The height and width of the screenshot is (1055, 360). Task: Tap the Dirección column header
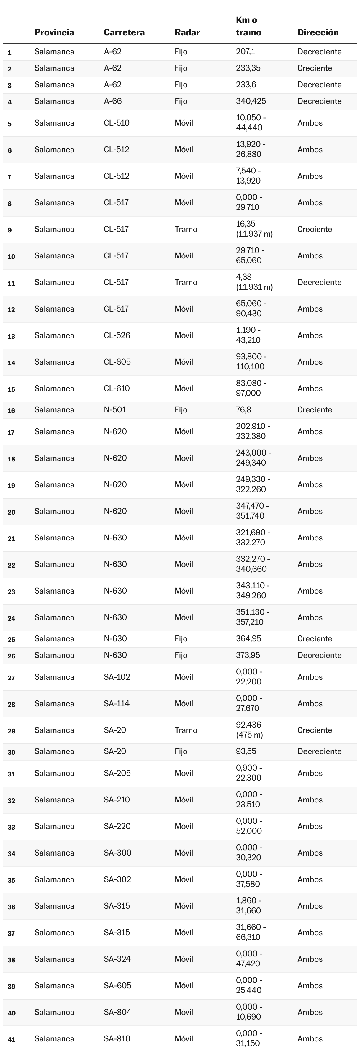pos(318,32)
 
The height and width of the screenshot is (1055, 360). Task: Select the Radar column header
pos(187,32)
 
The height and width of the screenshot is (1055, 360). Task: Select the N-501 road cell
pos(115,409)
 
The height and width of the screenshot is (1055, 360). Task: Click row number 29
pos(12,731)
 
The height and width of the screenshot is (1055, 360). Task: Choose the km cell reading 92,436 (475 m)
pos(249,730)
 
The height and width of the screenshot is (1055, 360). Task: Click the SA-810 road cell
pos(117,1038)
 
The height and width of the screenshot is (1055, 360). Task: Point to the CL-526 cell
pos(117,335)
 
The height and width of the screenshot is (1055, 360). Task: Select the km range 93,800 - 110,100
pos(251,362)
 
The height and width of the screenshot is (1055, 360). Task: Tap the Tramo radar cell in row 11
pos(186,282)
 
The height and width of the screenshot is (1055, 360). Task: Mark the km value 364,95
pos(248,638)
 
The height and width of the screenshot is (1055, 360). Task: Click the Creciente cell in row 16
pos(314,409)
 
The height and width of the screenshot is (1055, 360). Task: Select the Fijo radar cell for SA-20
pos(181,751)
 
